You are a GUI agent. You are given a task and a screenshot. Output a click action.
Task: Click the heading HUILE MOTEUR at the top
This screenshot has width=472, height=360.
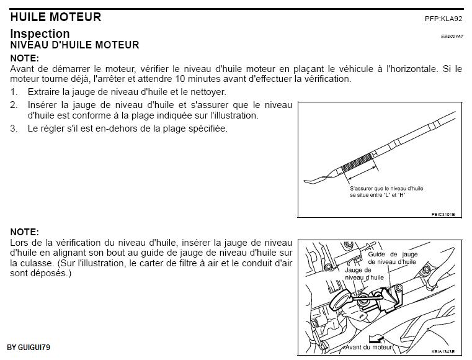[55, 17]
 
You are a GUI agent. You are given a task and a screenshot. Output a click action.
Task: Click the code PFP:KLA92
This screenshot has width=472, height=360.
[443, 19]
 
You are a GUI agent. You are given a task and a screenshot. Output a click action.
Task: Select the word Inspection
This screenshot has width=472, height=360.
[40, 34]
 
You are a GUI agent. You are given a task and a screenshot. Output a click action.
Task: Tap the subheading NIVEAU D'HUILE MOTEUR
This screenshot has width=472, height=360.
[74, 45]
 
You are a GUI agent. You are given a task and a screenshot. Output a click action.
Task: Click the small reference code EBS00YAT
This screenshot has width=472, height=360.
[452, 37]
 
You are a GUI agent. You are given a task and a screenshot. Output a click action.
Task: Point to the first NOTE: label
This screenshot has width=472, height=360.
[24, 58]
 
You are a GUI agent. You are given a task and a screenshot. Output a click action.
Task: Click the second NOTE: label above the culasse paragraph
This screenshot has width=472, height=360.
[24, 232]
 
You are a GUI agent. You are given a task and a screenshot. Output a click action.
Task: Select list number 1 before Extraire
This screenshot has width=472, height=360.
[14, 91]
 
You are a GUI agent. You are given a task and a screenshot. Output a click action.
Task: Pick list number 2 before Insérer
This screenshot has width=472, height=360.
[14, 105]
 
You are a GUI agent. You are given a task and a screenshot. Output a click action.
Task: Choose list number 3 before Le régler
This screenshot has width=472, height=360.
[14, 128]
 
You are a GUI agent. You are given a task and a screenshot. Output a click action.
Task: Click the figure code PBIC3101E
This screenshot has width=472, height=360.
[443, 214]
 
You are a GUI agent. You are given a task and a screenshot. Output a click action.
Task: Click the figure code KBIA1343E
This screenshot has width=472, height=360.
[443, 351]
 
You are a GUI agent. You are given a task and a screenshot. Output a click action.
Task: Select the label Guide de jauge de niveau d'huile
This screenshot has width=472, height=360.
[392, 258]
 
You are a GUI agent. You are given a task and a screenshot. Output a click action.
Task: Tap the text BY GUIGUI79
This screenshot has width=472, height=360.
[33, 346]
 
